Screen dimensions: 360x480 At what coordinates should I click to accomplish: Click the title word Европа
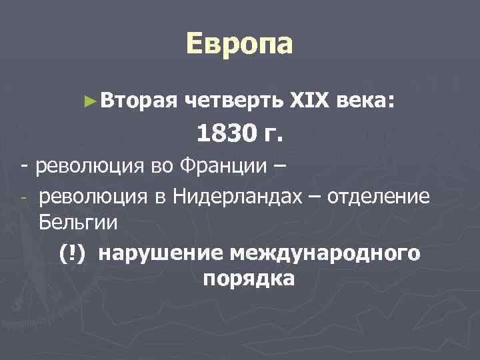(239, 45)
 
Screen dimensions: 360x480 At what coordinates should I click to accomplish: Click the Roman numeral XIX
(310, 101)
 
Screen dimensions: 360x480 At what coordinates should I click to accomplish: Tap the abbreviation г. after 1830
(273, 135)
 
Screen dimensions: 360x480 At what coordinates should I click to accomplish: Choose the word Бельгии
(79, 221)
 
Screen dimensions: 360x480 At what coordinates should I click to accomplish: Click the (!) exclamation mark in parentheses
(71, 253)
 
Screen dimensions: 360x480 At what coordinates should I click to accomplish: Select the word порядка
(248, 278)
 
